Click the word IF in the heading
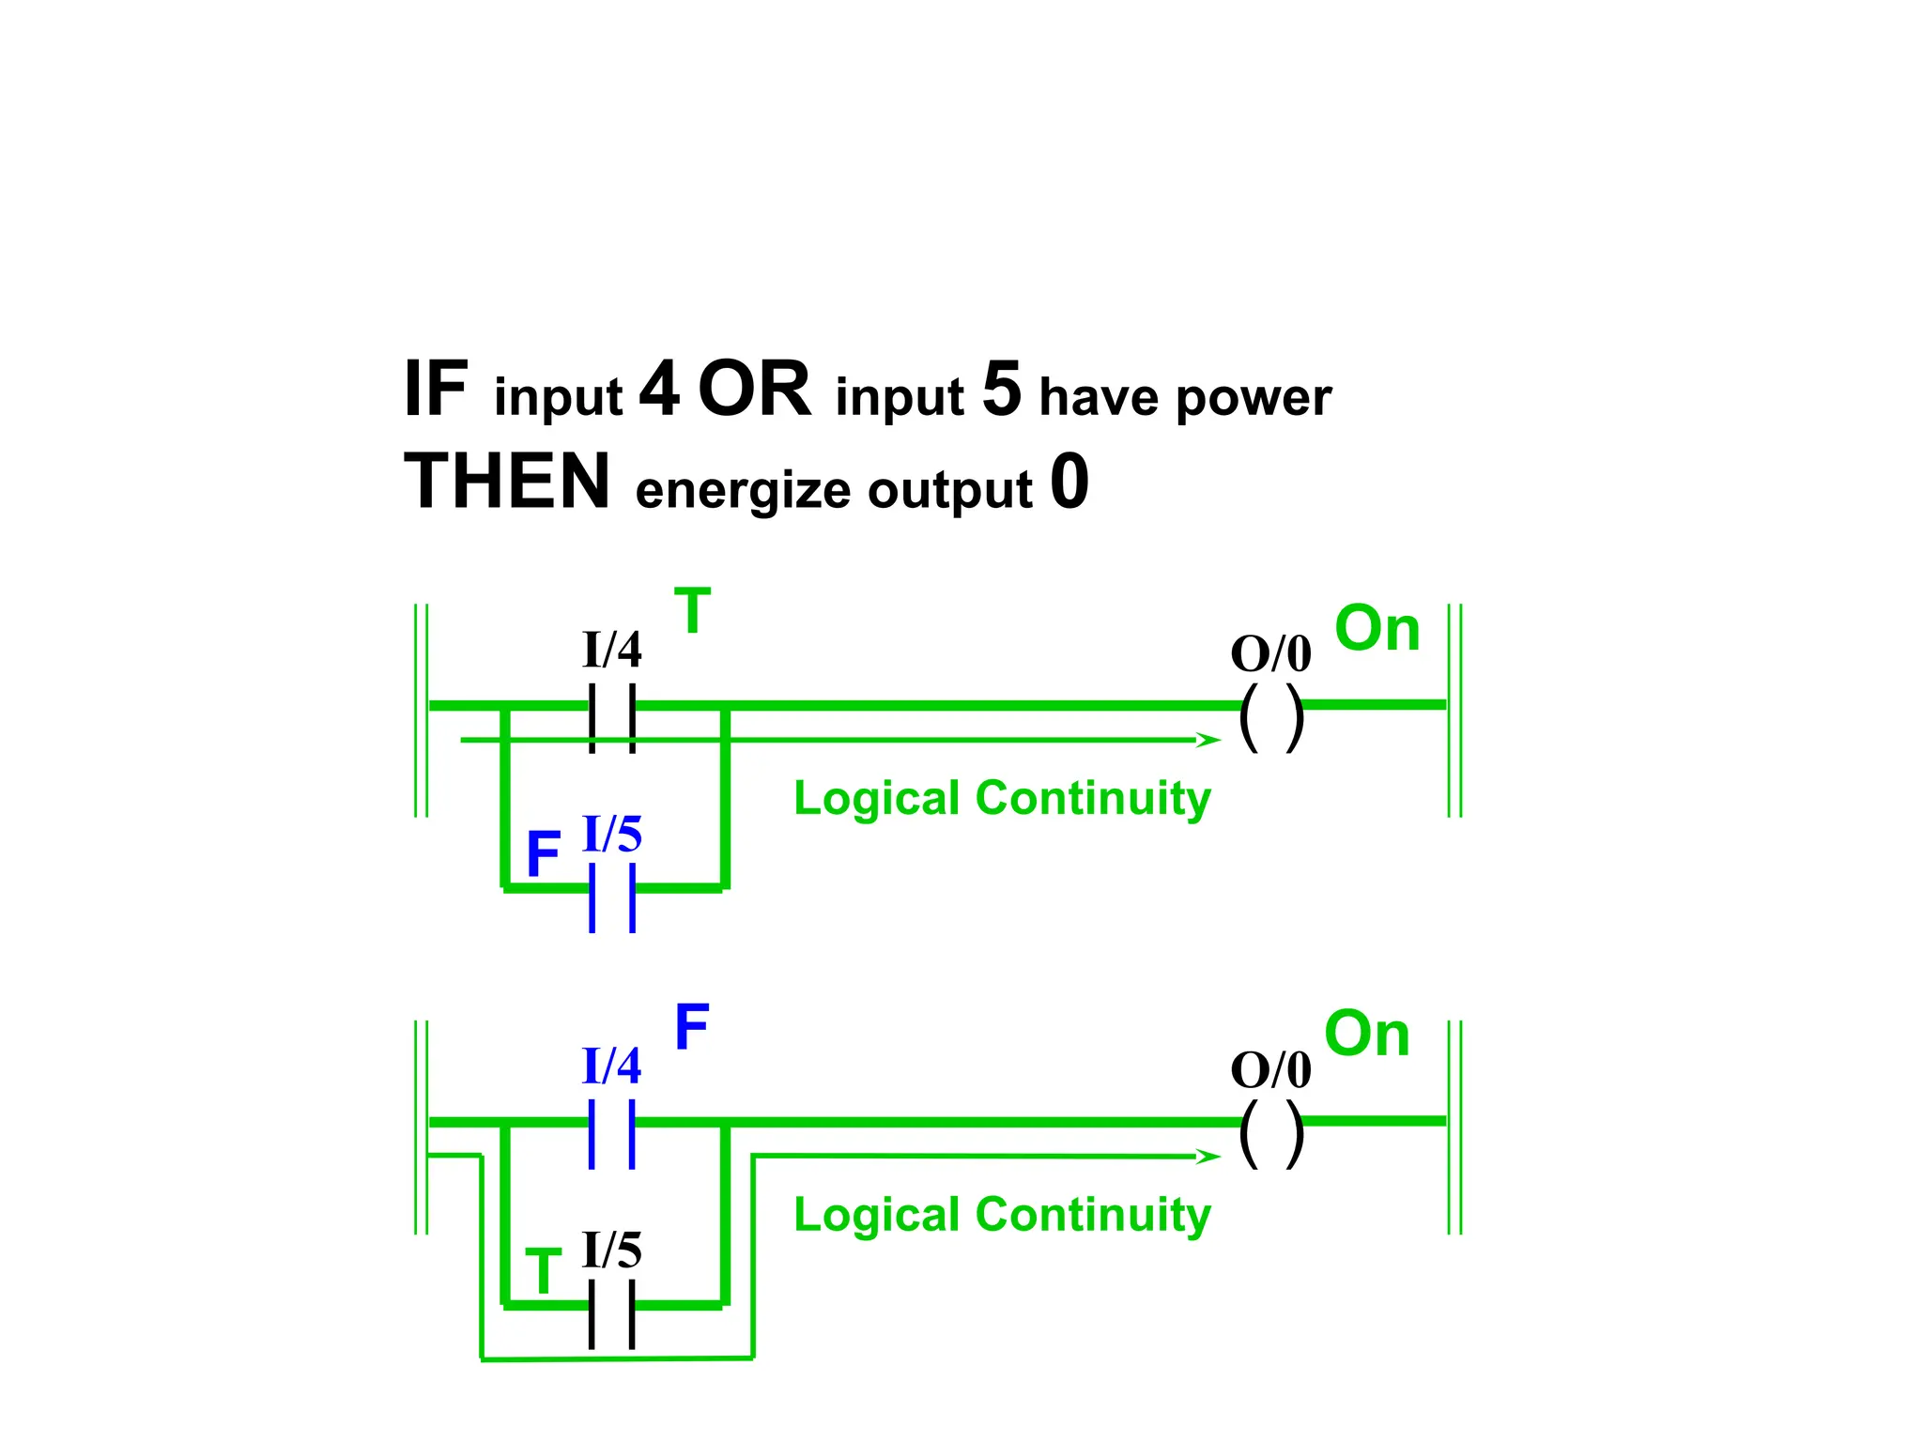tap(435, 390)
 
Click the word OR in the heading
tap(754, 390)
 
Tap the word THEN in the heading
tap(507, 482)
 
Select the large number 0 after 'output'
tap(1069, 482)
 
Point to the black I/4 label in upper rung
tap(611, 650)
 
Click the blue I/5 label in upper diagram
tap(612, 834)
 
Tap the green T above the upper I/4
tap(692, 611)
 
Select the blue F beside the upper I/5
tap(543, 854)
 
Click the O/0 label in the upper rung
tap(1270, 653)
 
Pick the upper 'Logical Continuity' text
tap(1002, 799)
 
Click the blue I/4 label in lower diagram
tap(611, 1066)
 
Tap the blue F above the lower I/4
tap(692, 1027)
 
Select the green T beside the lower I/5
tap(543, 1271)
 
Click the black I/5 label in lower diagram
tap(612, 1250)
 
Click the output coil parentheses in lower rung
tap(1271, 1134)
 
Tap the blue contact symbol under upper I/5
tap(612, 897)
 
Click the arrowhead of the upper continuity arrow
tap(1209, 740)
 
